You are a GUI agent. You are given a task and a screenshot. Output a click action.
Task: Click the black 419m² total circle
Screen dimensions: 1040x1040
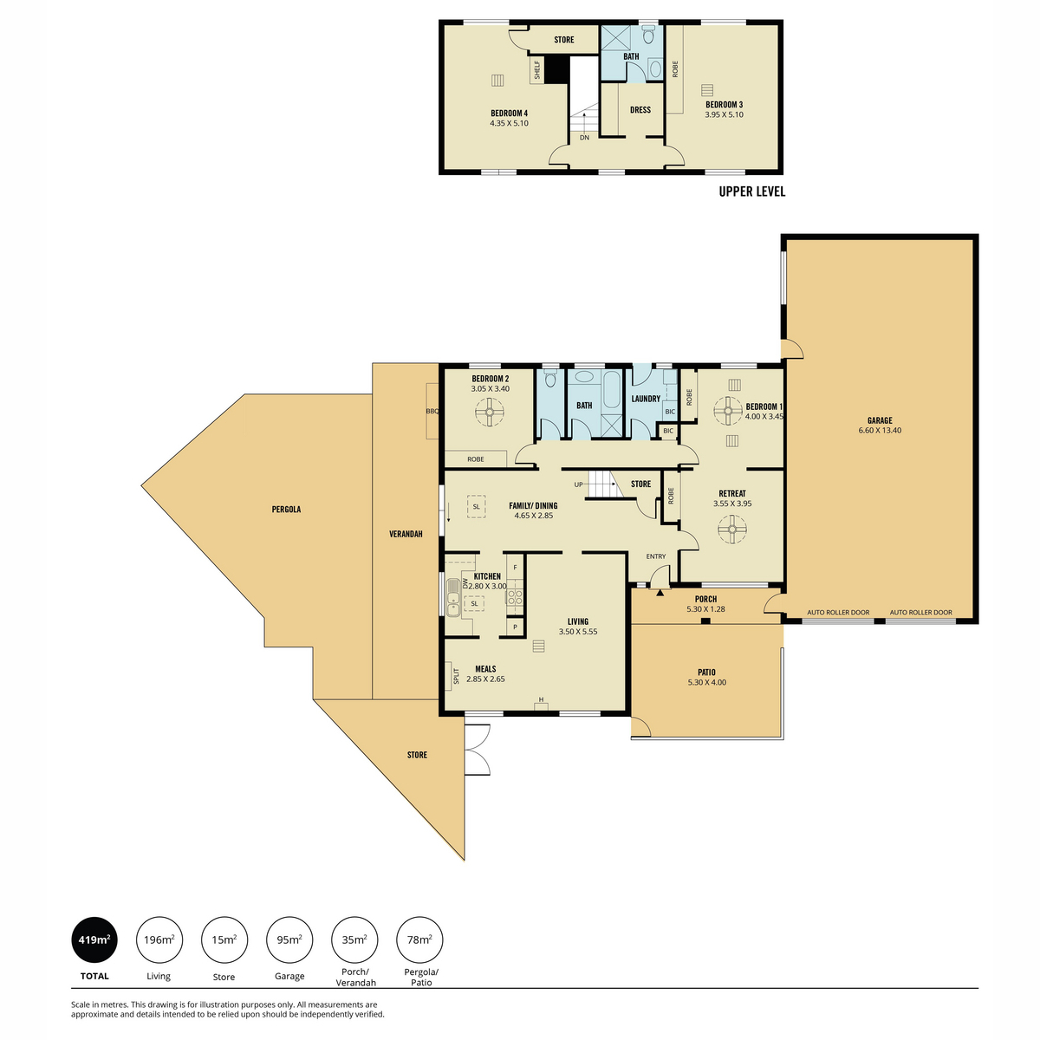[x=94, y=939]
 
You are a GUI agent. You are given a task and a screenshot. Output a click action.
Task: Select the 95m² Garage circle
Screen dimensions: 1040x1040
[x=289, y=939]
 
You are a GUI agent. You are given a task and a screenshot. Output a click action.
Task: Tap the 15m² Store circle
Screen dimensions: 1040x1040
[x=224, y=939]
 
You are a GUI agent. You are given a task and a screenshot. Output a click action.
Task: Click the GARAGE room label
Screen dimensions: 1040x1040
[x=879, y=420]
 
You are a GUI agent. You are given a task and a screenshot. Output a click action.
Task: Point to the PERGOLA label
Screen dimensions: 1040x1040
[x=286, y=509]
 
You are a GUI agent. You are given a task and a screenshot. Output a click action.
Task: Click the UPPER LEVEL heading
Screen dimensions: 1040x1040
[x=751, y=192]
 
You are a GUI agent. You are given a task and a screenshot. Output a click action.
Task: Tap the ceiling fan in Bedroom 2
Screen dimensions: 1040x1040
[x=490, y=412]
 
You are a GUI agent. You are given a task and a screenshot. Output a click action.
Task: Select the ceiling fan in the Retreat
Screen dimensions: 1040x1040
[x=731, y=529]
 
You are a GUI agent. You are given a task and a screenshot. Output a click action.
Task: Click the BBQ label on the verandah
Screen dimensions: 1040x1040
[x=432, y=411]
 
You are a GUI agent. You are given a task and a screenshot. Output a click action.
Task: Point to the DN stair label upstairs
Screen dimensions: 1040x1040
[x=584, y=138]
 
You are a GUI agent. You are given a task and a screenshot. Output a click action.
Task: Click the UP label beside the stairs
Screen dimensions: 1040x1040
[x=578, y=484]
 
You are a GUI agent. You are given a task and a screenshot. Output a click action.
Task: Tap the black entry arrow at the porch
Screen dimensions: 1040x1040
[x=660, y=593]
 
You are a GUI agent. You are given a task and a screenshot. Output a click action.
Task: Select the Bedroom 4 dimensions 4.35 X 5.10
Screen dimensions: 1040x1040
[x=509, y=123]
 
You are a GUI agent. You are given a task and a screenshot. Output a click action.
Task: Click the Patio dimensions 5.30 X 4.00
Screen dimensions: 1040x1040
[x=706, y=682]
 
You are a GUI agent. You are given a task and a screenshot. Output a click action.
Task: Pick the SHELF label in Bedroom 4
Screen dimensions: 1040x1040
[x=537, y=70]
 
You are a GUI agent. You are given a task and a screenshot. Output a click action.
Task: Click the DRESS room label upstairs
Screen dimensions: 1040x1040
[x=640, y=109]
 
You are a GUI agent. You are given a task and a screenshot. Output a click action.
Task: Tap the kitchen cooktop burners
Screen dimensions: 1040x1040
[x=514, y=596]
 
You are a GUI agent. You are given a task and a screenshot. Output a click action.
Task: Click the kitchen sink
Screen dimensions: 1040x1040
[x=452, y=604]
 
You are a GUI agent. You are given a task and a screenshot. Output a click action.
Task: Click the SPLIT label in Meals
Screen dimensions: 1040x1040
[x=456, y=676]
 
